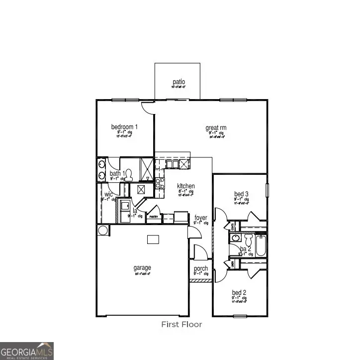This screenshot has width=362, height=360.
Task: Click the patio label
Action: (179, 82)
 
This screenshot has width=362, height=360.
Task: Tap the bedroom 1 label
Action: (124, 127)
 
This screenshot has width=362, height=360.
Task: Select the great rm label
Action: (216, 128)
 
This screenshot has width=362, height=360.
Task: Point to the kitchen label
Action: (186, 186)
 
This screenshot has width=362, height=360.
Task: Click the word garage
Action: (142, 267)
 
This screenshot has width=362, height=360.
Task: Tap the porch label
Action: (201, 269)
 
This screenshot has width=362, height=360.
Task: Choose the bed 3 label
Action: (241, 194)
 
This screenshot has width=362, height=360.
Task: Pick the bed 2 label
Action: (239, 292)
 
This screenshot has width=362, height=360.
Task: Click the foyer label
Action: (201, 218)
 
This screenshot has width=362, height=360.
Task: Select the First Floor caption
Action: (181, 324)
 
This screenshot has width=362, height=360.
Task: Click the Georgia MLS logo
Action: (27, 350)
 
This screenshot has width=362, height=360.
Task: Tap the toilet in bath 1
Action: (129, 174)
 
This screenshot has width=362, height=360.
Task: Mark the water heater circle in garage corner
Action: (103, 230)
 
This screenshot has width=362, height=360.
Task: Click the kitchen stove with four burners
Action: (160, 183)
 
